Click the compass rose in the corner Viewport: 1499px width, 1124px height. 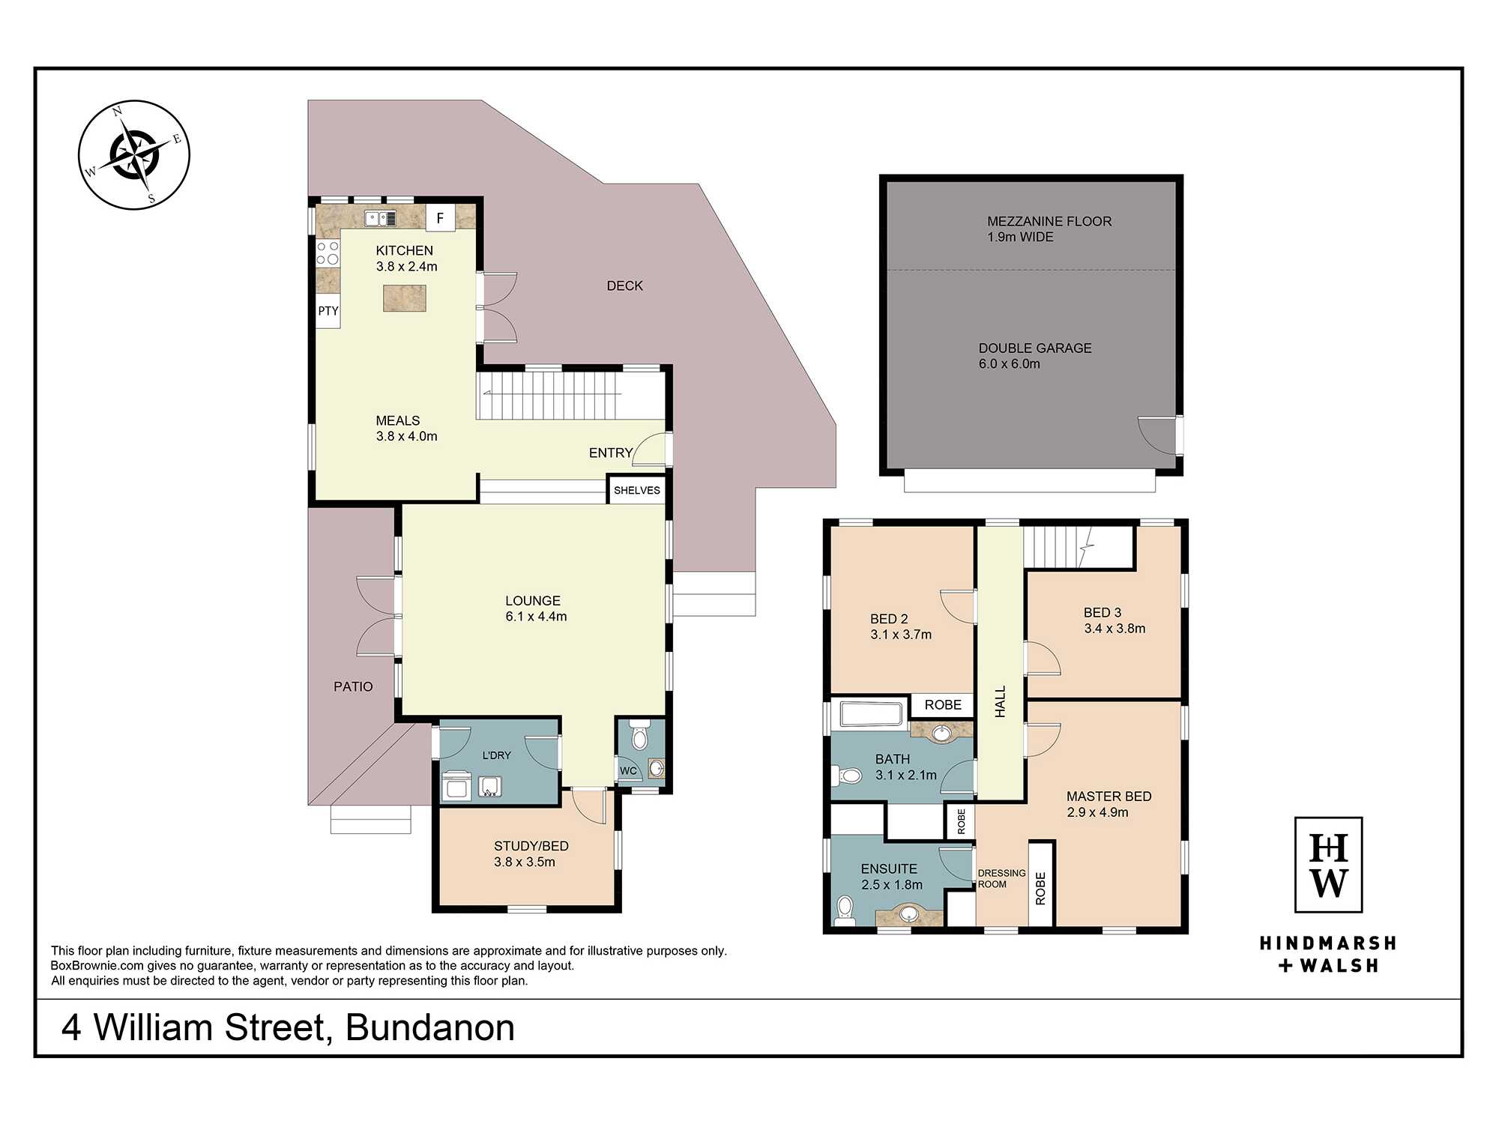click(134, 155)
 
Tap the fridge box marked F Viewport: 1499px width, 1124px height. click(440, 218)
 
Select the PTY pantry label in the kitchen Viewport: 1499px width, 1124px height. click(328, 311)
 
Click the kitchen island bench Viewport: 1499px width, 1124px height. click(405, 298)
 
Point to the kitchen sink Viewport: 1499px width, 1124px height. click(381, 218)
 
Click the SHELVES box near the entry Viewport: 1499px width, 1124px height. click(636, 490)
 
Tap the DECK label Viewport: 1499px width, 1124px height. click(625, 285)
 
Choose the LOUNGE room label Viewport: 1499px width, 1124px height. click(533, 600)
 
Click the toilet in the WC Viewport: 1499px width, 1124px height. click(639, 736)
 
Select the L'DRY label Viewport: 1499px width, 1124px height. click(496, 755)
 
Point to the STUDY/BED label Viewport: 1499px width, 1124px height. click(531, 846)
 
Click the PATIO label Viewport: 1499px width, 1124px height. click(353, 686)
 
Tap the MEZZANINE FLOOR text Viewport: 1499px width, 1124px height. click(1049, 221)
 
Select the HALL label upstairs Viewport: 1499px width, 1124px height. click(1000, 702)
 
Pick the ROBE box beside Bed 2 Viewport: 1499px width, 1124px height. click(943, 705)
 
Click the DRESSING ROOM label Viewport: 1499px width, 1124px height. click(1001, 878)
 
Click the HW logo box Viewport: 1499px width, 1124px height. click(1328, 865)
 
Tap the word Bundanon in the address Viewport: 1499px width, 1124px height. click(430, 1027)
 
